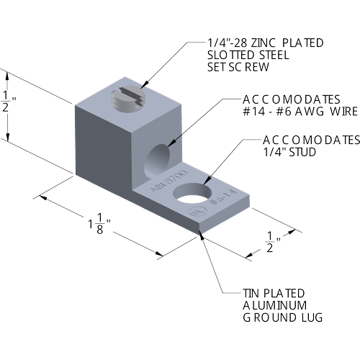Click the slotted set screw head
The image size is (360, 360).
[x=127, y=99]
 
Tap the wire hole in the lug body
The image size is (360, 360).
[x=158, y=161]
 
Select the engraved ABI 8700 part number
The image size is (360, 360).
[x=168, y=181]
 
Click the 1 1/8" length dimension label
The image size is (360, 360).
[x=99, y=224]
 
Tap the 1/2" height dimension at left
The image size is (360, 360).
[x=8, y=102]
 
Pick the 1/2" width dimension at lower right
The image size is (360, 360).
[x=273, y=242]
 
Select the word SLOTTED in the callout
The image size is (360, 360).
[x=231, y=55]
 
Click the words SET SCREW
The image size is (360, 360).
[x=238, y=67]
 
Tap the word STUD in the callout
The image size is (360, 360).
[x=302, y=152]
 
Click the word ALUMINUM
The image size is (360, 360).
[x=275, y=305]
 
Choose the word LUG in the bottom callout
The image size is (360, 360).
[x=312, y=318]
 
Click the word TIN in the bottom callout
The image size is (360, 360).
[x=251, y=293]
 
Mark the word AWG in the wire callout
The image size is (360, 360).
[x=310, y=112]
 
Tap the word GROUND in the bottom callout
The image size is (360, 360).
[x=270, y=318]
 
